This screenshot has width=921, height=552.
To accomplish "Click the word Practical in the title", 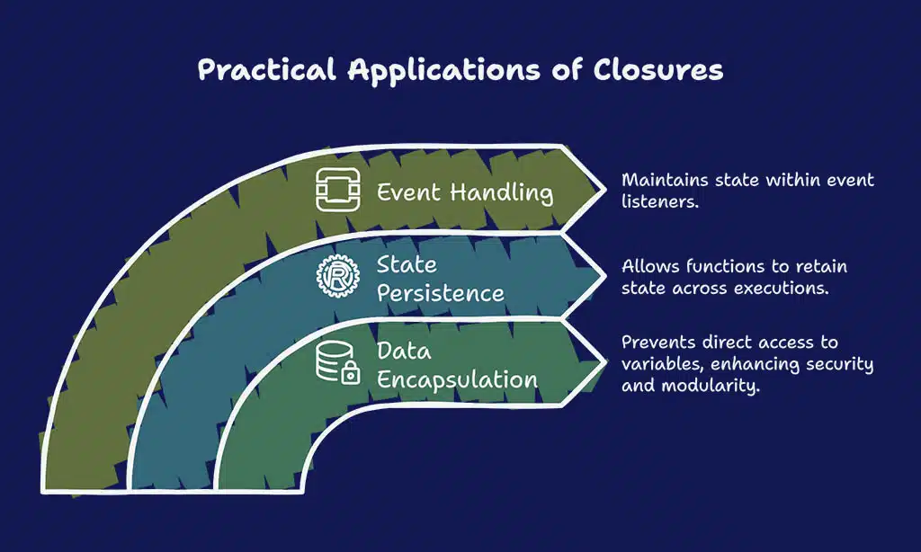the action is click(x=267, y=69).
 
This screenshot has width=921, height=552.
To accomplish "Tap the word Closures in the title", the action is click(x=657, y=69).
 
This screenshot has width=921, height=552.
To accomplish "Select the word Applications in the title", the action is click(x=443, y=70).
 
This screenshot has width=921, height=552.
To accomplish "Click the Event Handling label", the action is click(x=465, y=192).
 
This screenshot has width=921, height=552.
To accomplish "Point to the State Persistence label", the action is click(x=440, y=279).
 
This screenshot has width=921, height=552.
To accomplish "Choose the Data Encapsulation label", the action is click(x=457, y=365).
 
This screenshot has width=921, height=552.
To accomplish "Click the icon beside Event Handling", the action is click(x=338, y=190).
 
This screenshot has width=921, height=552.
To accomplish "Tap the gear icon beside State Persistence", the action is click(x=338, y=275).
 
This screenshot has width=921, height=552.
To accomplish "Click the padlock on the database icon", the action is click(x=350, y=373).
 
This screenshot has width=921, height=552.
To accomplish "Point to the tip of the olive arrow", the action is click(x=605, y=190).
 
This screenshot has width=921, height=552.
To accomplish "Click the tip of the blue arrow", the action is click(x=605, y=275).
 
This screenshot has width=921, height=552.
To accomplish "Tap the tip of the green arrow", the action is click(x=605, y=362).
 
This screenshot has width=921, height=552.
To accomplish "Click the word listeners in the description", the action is click(x=659, y=201).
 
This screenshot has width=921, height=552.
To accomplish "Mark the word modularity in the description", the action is click(x=711, y=386).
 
